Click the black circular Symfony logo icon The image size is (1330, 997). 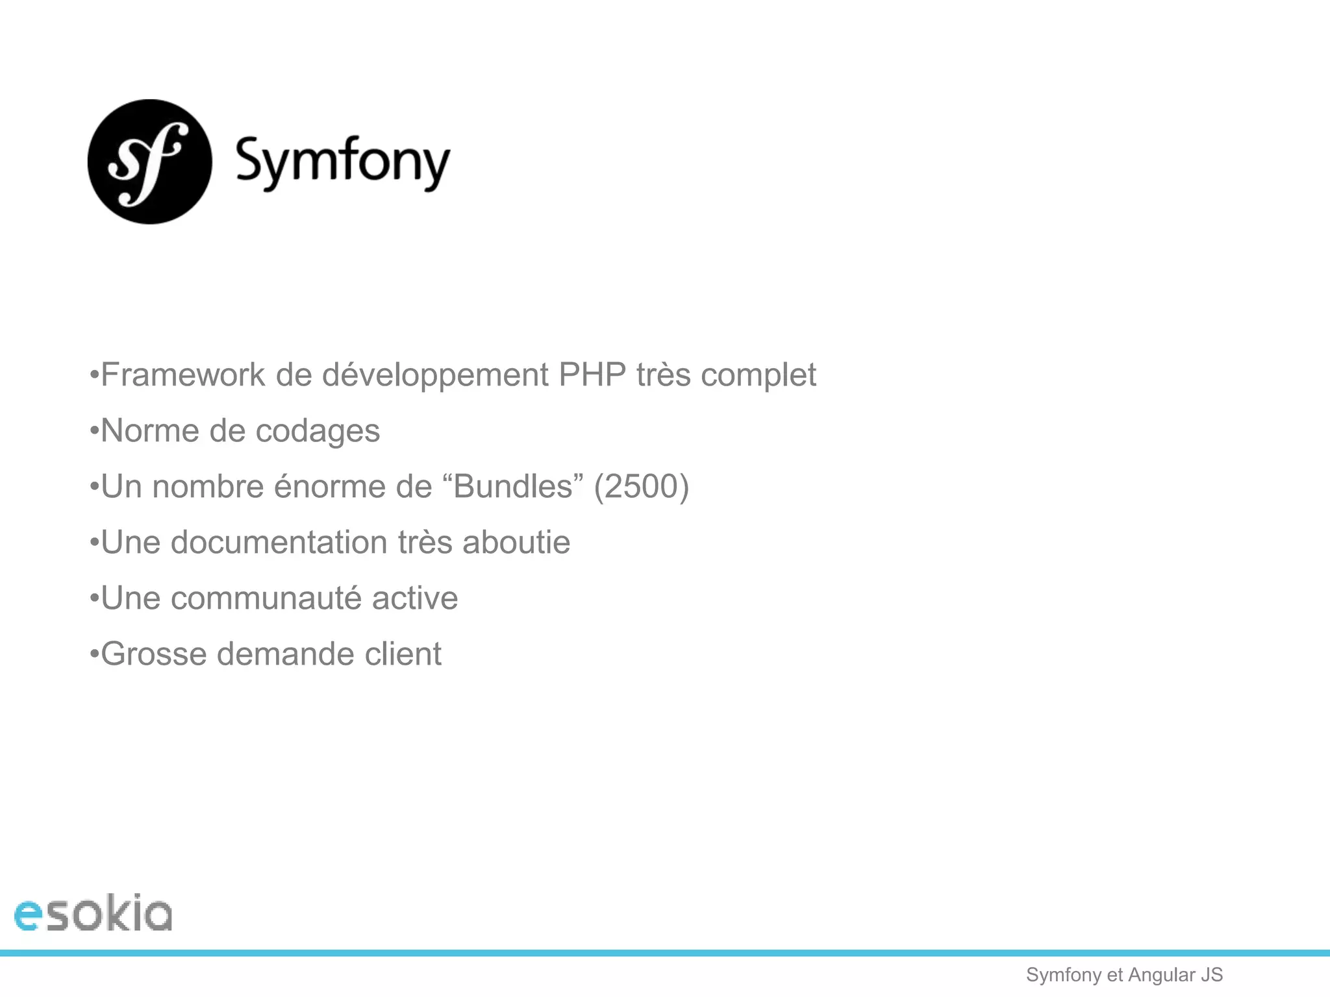(x=150, y=162)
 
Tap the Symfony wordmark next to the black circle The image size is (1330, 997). (x=342, y=162)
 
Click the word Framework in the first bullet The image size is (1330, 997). (x=183, y=375)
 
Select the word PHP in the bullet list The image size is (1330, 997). (x=592, y=375)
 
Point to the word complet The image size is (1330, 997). (x=758, y=376)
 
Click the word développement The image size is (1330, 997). (x=435, y=376)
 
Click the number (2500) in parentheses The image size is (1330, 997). (x=641, y=486)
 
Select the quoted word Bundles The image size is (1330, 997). (x=512, y=486)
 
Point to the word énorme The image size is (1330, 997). (x=329, y=486)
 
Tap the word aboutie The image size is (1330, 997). (x=516, y=542)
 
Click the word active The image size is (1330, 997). (x=415, y=598)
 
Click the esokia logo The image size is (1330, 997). (x=93, y=913)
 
